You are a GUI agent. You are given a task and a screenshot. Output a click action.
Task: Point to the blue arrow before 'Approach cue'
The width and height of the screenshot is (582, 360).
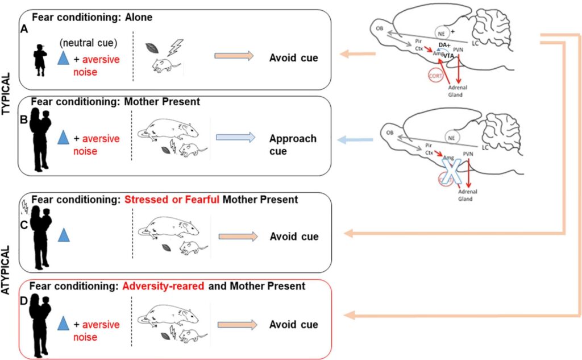pos(234,138)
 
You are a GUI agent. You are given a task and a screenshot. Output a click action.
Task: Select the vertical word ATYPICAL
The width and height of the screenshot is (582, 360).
pos(7,268)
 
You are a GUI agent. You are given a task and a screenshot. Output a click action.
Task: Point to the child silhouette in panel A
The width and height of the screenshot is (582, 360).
pos(40,59)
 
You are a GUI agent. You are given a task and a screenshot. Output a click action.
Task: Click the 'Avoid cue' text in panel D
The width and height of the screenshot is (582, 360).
pos(293,325)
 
